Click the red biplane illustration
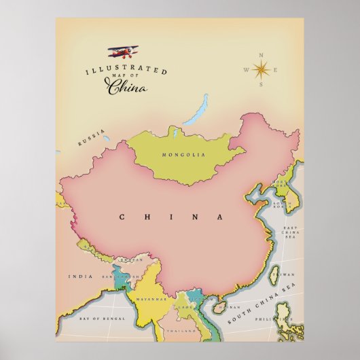click(122, 52)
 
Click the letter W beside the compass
click(245, 69)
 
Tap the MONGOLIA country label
click(183, 156)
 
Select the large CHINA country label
click(172, 217)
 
